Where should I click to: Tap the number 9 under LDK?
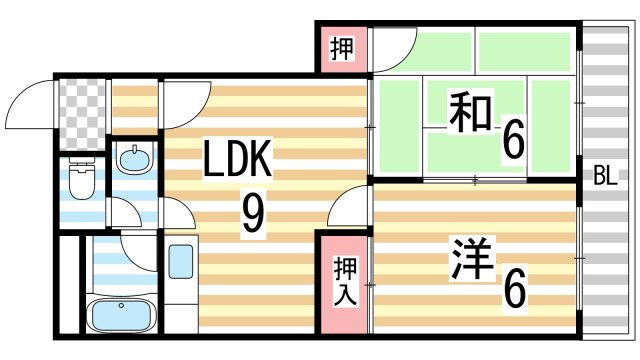coord(252,213)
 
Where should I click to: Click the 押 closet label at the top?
coord(341,49)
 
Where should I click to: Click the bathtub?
coord(120,316)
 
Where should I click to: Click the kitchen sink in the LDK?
coord(181,262)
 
